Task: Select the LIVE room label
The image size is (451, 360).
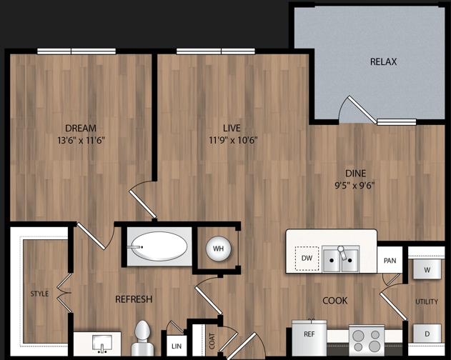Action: tap(232, 128)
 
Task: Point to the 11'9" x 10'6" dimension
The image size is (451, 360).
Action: tap(233, 140)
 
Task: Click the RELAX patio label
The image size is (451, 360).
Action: tap(383, 62)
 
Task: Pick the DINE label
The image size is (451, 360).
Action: tap(355, 173)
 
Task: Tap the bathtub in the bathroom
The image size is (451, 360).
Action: tap(159, 248)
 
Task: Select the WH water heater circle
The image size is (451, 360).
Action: tap(219, 249)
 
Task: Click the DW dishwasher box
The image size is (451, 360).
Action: tap(307, 258)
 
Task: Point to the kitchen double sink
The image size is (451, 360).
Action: tap(340, 259)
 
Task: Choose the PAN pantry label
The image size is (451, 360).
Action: tap(390, 261)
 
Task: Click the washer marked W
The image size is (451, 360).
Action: tap(427, 270)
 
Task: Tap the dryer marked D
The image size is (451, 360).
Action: tap(427, 334)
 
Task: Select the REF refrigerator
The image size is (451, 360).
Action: tap(309, 335)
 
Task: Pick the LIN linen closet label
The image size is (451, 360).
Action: tap(176, 346)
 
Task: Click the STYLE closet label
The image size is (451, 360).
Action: tap(40, 294)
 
